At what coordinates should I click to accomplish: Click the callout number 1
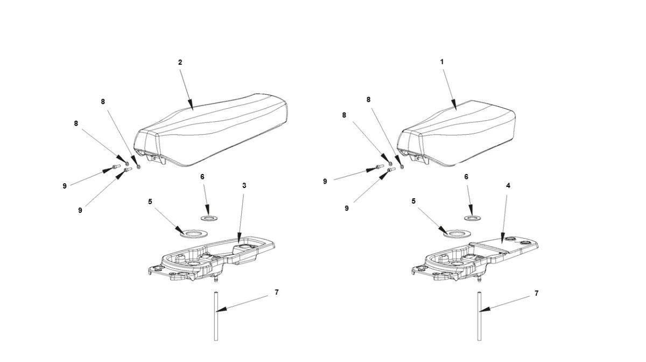[442, 62]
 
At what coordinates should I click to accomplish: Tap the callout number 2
[180, 62]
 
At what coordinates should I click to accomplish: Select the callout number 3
[244, 185]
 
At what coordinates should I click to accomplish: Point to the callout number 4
[508, 185]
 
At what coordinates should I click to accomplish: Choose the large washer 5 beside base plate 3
[193, 234]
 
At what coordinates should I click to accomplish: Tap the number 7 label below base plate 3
[277, 293]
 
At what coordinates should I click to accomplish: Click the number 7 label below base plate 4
[536, 294]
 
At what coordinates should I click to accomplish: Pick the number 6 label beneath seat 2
[202, 177]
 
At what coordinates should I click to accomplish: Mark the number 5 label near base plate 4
[413, 201]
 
